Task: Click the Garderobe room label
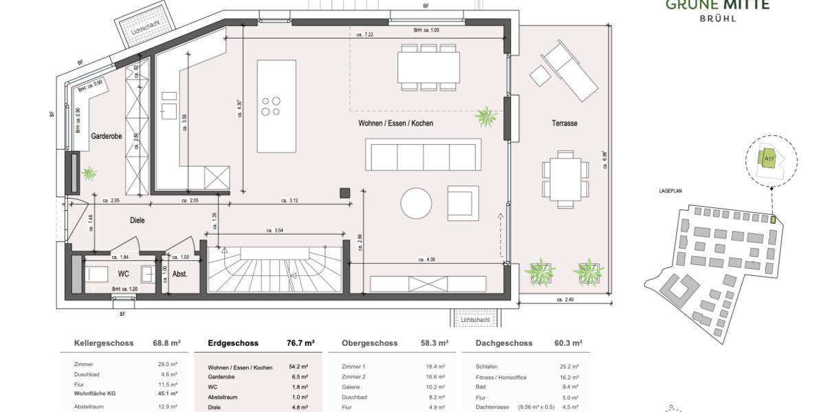coord(107,137)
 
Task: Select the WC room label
coord(124,273)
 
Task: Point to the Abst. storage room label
coord(180,273)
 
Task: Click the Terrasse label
coord(564,124)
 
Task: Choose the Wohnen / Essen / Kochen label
coord(396,124)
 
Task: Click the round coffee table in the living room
coord(417,204)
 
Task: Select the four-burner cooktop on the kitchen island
coord(271,106)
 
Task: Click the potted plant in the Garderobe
coord(89,174)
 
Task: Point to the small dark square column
coord(344,193)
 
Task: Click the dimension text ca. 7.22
coord(364,34)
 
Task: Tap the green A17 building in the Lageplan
coord(768,159)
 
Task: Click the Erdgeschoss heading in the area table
coord(233,343)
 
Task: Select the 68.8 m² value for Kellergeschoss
coord(166,343)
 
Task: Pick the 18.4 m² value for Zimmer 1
coord(437,367)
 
